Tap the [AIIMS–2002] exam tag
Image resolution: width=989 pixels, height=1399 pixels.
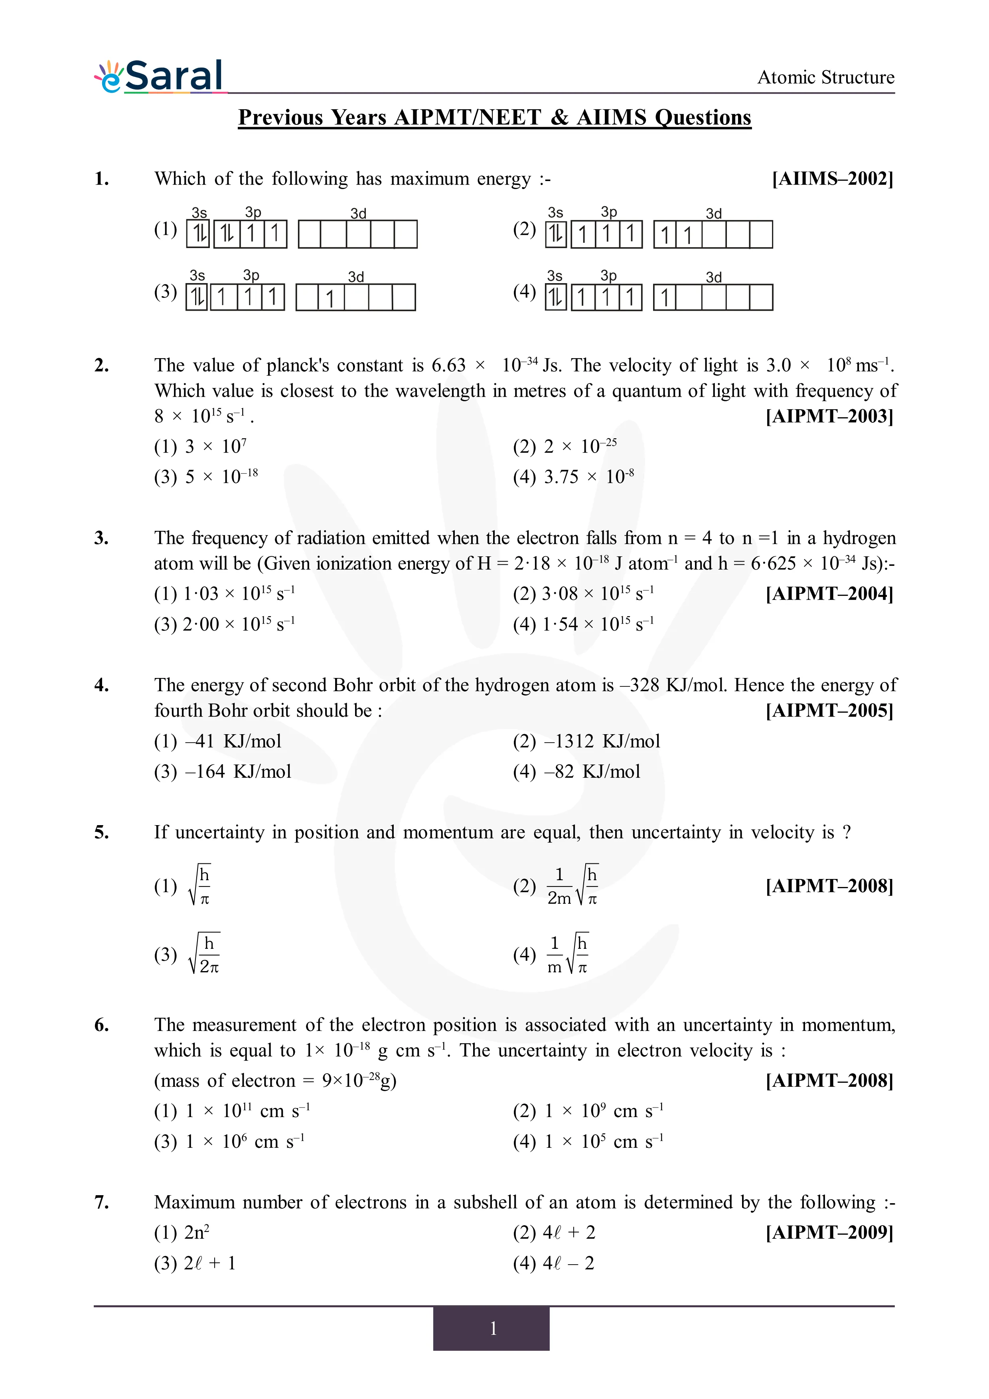coord(832,179)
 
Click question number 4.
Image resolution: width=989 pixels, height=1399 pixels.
coord(101,685)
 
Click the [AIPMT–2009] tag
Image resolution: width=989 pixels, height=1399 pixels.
coord(829,1233)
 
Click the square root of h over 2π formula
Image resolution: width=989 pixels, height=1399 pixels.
coord(205,954)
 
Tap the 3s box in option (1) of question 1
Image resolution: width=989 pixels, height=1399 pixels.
coord(198,233)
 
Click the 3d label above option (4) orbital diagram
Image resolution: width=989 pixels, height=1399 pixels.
coord(714,277)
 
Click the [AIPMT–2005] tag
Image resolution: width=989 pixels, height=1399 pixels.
coord(829,711)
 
